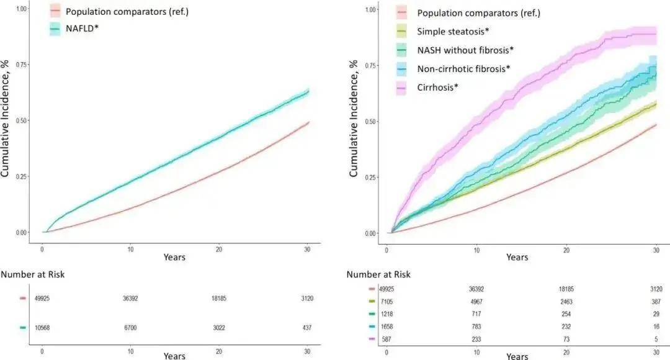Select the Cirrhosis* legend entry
pos(438,86)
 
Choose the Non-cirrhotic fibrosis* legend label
pos(464,68)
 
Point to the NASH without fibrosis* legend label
pos(466,50)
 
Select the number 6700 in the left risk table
pos(130,328)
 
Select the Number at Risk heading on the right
pos(378,274)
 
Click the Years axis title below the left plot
pos(174,257)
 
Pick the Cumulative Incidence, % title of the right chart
pos(354,118)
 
